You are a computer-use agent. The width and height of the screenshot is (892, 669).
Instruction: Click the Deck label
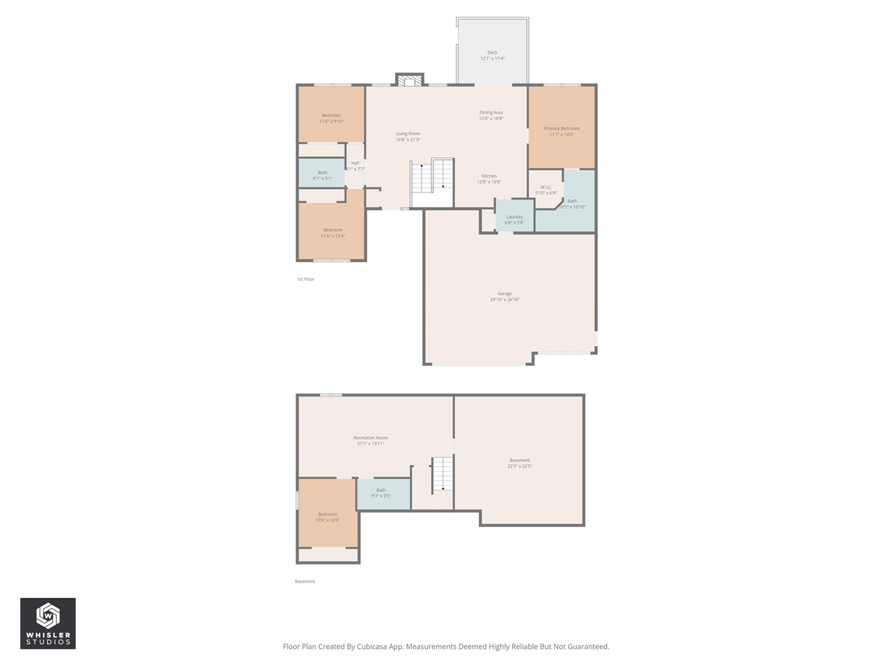[492, 56]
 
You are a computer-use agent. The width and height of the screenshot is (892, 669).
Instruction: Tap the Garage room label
[505, 297]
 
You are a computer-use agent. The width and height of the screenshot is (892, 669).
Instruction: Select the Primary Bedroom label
[561, 131]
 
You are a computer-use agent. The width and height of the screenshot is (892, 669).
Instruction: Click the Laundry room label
[514, 220]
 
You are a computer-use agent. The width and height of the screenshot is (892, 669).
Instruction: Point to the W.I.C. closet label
[546, 190]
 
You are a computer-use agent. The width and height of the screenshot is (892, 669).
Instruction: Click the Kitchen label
[489, 179]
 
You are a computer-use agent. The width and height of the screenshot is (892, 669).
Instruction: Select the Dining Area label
[491, 115]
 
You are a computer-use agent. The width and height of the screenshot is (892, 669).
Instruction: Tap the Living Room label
[408, 137]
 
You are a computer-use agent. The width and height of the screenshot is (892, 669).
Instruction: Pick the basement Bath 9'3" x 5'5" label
[381, 493]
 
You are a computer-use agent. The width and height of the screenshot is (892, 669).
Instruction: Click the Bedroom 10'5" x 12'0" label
[328, 517]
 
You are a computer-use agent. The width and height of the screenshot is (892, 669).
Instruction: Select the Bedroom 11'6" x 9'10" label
[331, 118]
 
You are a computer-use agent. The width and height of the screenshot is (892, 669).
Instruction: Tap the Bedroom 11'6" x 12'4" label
[332, 233]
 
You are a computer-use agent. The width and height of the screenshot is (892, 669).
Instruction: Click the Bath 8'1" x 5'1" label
[322, 176]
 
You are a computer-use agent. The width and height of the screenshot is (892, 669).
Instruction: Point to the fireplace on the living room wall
[410, 79]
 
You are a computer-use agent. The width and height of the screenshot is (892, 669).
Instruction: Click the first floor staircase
[432, 183]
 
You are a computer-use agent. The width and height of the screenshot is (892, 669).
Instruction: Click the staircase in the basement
[442, 475]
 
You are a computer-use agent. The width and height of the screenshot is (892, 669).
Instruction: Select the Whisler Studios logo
[47, 623]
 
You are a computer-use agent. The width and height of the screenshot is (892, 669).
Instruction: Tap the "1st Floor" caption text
[305, 279]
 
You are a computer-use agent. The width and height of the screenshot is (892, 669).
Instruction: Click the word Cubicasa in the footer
[374, 647]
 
